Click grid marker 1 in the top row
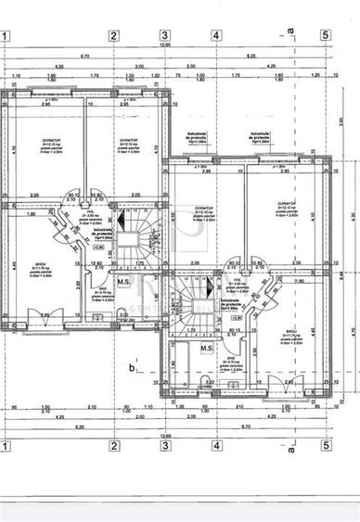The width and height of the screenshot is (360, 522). (6, 36)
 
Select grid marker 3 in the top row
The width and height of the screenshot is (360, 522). (164, 36)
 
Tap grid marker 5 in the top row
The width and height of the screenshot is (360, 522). (326, 36)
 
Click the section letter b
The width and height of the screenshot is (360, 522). (133, 369)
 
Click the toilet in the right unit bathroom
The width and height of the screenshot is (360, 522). (206, 382)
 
